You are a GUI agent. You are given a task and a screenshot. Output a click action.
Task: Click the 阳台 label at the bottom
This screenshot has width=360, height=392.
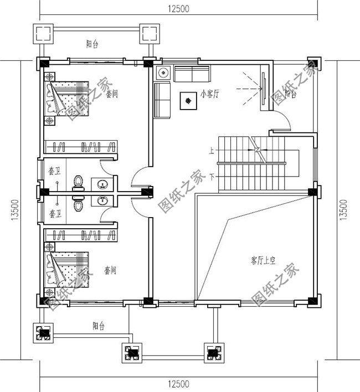click(x=99, y=326)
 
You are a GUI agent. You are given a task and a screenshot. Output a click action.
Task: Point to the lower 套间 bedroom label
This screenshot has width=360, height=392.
click(x=110, y=270)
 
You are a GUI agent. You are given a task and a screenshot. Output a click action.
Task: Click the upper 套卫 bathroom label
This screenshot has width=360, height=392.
click(x=54, y=171)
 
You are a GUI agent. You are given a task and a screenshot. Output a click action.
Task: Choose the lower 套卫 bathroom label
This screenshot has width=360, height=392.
click(x=54, y=213)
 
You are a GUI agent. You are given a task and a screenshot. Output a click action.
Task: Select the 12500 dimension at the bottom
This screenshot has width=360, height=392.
click(x=178, y=384)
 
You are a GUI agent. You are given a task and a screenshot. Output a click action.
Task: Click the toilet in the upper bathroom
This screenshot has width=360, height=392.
click(x=79, y=182)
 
